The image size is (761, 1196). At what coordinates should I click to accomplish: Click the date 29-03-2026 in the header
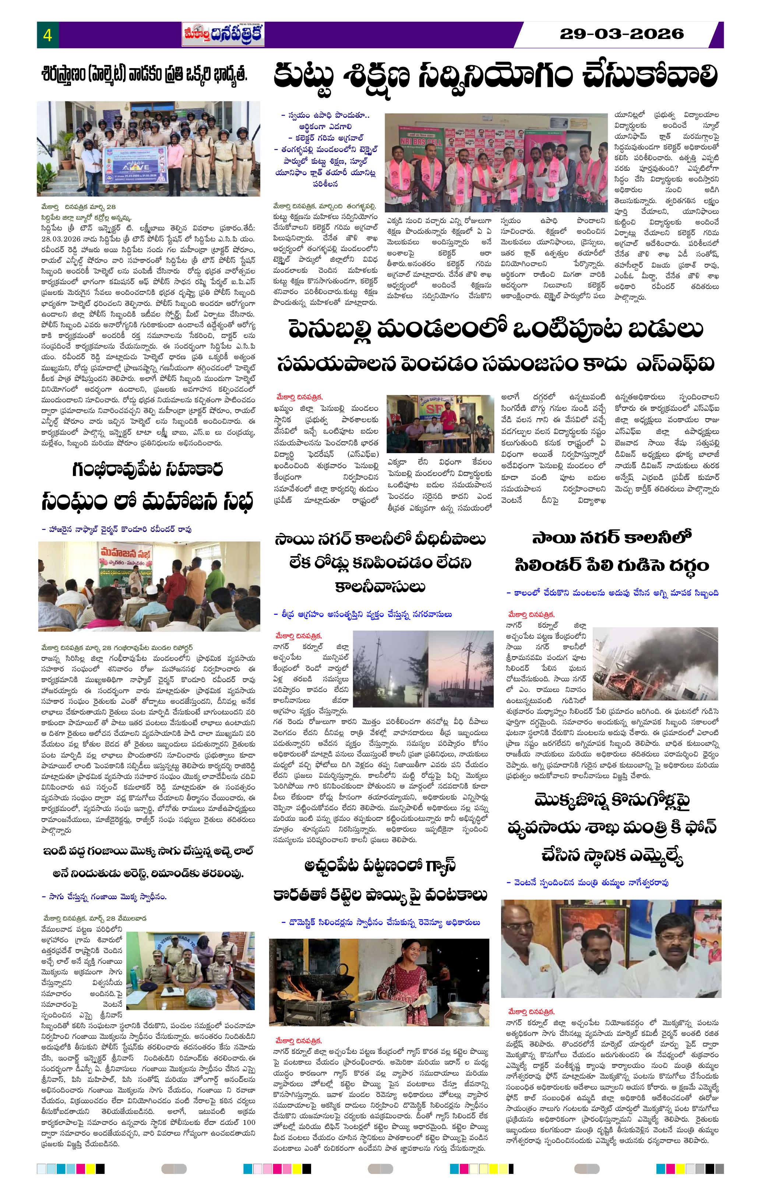click(621, 34)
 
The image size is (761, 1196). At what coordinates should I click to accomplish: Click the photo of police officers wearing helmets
click(148, 149)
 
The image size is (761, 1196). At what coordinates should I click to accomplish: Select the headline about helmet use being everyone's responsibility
click(144, 76)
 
